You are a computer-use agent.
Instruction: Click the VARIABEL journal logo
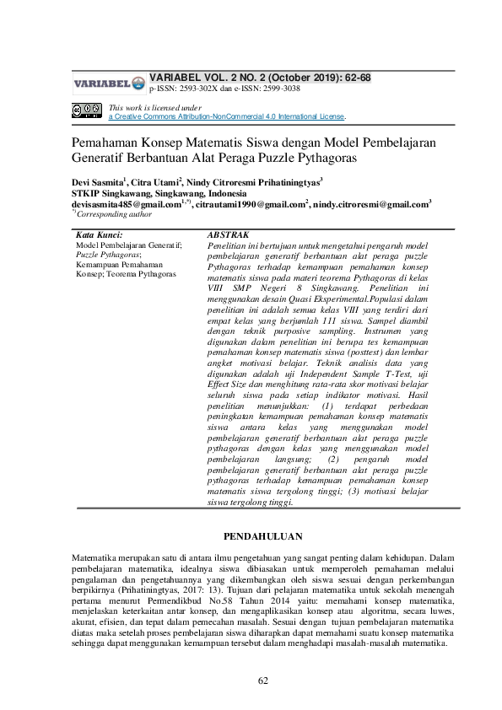[108, 83]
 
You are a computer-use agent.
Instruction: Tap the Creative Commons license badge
[87, 111]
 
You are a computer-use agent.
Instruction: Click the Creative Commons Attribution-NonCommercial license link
[227, 116]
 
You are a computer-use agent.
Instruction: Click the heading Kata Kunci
[100, 235]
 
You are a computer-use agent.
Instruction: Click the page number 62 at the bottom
[263, 680]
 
